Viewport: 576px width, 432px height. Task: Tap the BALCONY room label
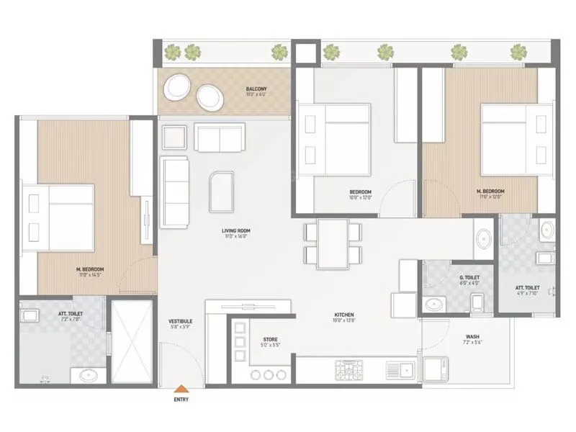click(x=256, y=90)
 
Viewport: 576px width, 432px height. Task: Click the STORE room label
click(x=250, y=339)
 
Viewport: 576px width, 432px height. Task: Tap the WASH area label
click(x=472, y=336)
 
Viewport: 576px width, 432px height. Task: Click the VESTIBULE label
click(x=179, y=321)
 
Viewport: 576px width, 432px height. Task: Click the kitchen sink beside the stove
click(x=398, y=370)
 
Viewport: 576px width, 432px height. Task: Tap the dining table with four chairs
click(x=333, y=243)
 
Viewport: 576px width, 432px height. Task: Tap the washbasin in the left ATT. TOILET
click(x=89, y=375)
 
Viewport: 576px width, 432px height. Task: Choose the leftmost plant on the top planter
click(x=172, y=52)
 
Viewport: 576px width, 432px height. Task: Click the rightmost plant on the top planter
click(x=518, y=52)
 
